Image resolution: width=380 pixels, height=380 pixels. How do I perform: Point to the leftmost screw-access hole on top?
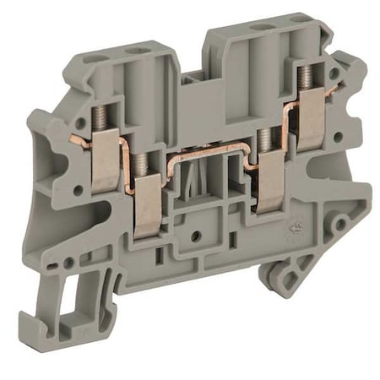click(x=95, y=58)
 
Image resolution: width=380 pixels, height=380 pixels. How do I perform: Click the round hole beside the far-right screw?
click(x=337, y=136)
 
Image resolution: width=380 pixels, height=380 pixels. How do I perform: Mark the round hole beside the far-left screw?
click(x=78, y=191)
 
